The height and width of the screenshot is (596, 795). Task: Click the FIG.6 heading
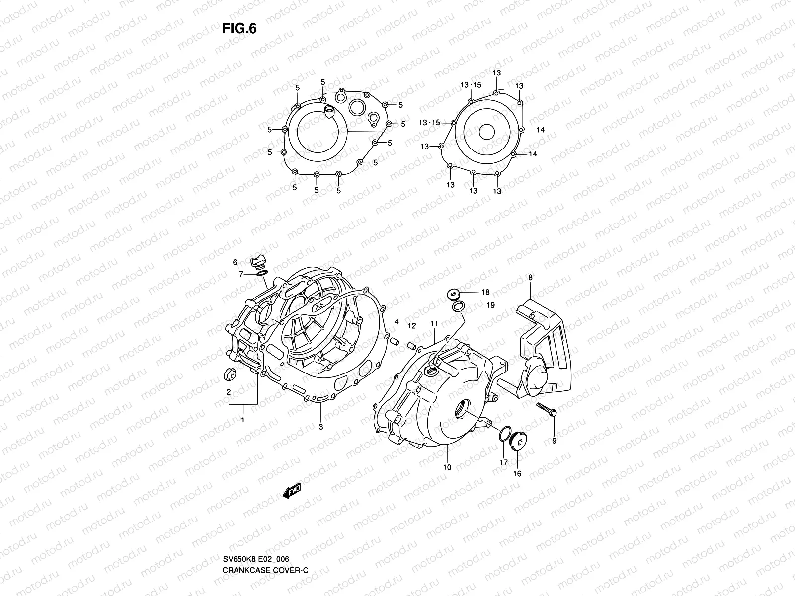239,29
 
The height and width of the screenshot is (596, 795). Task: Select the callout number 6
236,263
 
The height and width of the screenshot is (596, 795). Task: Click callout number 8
530,278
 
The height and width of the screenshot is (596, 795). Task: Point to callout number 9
554,440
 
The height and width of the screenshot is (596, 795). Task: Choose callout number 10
447,467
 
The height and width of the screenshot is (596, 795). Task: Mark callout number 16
517,473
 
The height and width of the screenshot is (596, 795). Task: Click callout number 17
503,462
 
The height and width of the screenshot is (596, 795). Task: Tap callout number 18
485,293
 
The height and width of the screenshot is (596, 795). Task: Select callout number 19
490,305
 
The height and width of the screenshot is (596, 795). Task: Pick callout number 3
321,427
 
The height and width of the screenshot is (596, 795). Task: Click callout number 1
243,420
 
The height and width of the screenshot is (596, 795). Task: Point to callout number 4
397,322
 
